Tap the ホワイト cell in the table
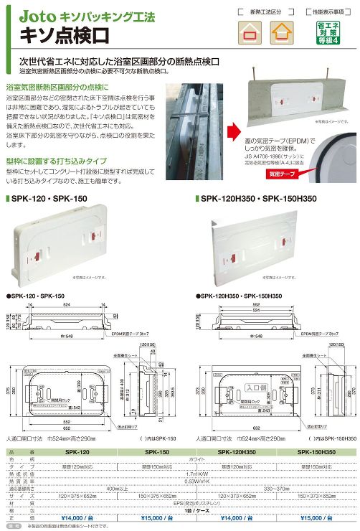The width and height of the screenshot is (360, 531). coord(196,459)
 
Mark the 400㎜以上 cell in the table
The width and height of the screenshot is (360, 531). coord(117,487)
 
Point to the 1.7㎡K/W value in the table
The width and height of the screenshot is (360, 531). coord(196,473)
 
